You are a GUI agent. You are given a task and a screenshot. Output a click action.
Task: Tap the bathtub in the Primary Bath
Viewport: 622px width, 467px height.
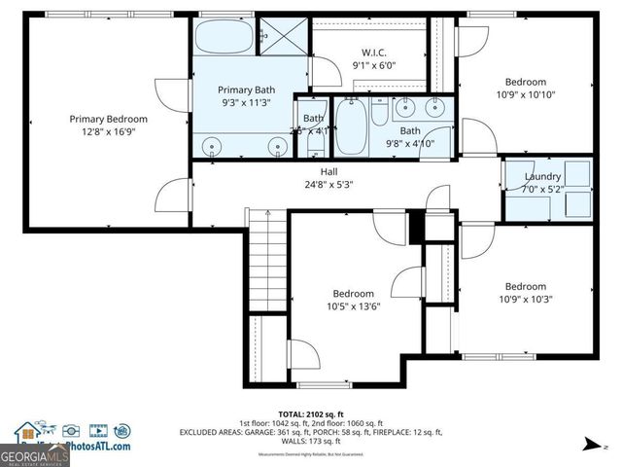[223, 39]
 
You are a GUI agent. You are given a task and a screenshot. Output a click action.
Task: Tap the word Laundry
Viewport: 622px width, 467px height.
[542, 176]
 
